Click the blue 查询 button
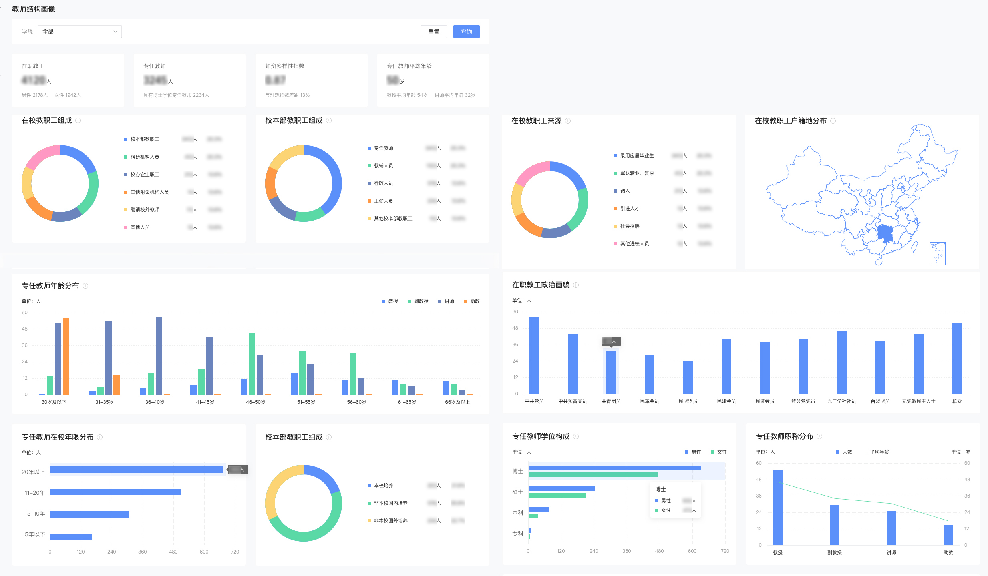pyautogui.click(x=466, y=32)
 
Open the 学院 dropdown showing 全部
pyautogui.click(x=80, y=32)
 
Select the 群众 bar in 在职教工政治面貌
pyautogui.click(x=957, y=358)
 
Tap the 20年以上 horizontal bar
pyautogui.click(x=137, y=470)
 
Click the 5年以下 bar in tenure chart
pyautogui.click(x=71, y=536)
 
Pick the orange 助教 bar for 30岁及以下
pyautogui.click(x=66, y=356)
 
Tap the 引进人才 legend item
pyautogui.click(x=629, y=209)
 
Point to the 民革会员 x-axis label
pyautogui.click(x=649, y=401)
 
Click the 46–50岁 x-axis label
pyautogui.click(x=256, y=402)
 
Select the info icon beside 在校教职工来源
pyautogui.click(x=568, y=121)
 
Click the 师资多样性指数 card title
pyautogui.click(x=284, y=66)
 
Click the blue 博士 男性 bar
pyautogui.click(x=614, y=468)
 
